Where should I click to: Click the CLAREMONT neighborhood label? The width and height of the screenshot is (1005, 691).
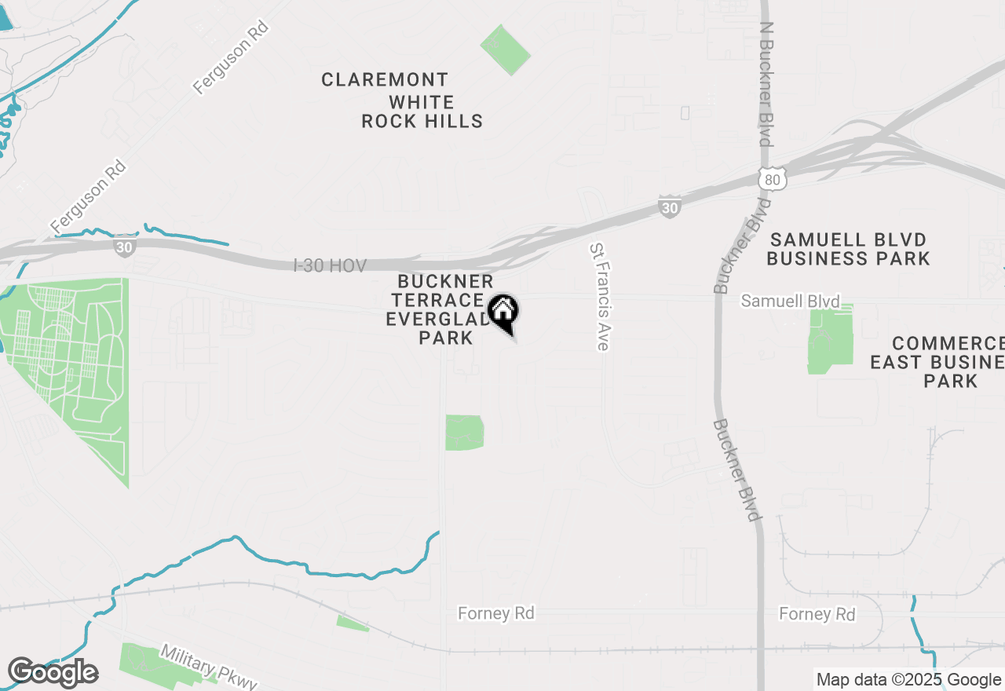point(385,79)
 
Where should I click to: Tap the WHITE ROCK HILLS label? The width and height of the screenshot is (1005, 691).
point(422,112)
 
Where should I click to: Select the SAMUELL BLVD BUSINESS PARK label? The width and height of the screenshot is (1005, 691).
point(848,249)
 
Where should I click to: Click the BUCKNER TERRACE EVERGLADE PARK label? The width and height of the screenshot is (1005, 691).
point(445,309)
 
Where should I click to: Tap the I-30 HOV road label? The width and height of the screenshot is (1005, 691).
point(330,266)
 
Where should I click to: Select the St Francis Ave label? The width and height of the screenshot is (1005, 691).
point(599,296)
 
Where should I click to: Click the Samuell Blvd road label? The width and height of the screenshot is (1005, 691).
point(790,301)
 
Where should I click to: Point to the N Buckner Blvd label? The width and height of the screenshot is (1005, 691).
point(766,82)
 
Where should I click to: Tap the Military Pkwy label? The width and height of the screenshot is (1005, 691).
point(208,667)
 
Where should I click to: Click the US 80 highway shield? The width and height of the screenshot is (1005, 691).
point(772,179)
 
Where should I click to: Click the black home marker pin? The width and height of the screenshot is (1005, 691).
point(502,311)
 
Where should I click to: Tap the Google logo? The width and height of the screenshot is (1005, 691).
point(53,673)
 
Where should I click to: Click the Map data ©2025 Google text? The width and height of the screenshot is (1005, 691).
point(908,680)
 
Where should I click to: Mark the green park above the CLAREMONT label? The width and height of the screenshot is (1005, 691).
point(505,49)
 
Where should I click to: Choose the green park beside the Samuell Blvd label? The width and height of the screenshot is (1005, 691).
point(830,339)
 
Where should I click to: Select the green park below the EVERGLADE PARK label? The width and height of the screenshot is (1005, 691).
point(464,433)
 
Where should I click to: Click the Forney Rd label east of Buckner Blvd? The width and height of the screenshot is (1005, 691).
point(817,613)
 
